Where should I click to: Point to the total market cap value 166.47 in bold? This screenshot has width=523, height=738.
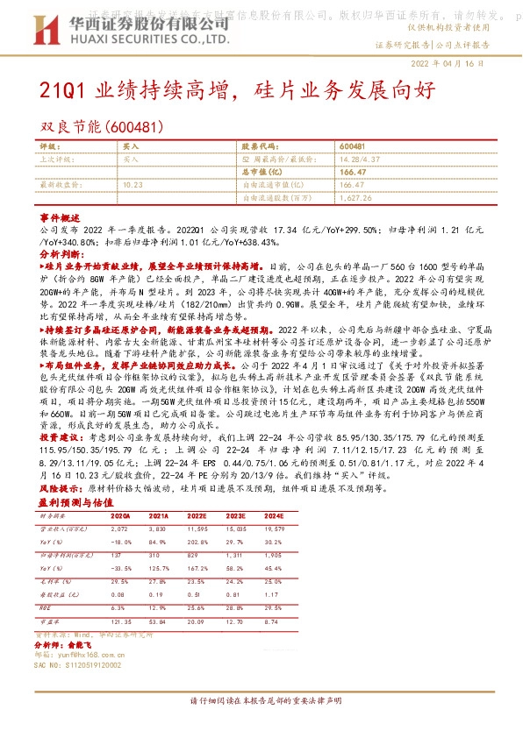point(351,174)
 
